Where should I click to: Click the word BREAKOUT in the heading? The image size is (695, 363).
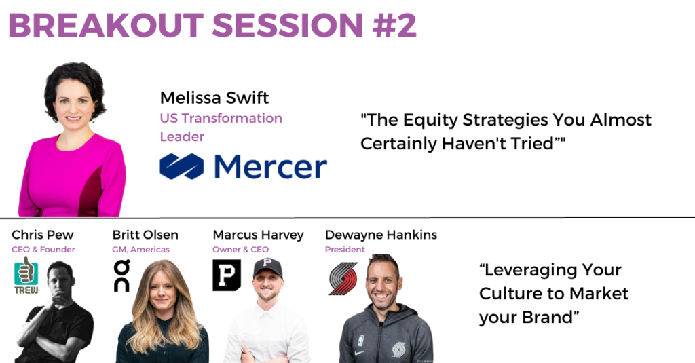click(106, 25)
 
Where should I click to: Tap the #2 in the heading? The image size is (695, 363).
click(394, 25)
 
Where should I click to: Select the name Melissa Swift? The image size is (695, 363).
click(214, 98)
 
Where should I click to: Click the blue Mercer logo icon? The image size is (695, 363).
click(182, 166)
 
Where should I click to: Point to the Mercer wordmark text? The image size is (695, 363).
click(270, 167)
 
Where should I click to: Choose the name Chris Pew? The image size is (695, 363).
click(43, 235)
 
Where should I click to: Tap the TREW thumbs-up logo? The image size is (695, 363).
click(26, 275)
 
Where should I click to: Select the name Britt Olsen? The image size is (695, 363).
click(145, 235)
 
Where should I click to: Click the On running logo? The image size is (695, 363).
click(122, 275)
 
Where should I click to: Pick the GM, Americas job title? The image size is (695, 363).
click(141, 250)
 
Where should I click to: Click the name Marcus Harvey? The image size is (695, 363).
click(259, 235)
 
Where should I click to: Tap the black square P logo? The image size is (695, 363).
click(227, 275)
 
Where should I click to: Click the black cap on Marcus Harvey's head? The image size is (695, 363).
click(267, 268)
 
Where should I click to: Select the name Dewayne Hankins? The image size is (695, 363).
click(381, 235)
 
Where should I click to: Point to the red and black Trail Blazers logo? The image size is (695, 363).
click(343, 278)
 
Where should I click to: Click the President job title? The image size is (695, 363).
click(345, 250)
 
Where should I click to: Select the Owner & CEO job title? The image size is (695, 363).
click(241, 250)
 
